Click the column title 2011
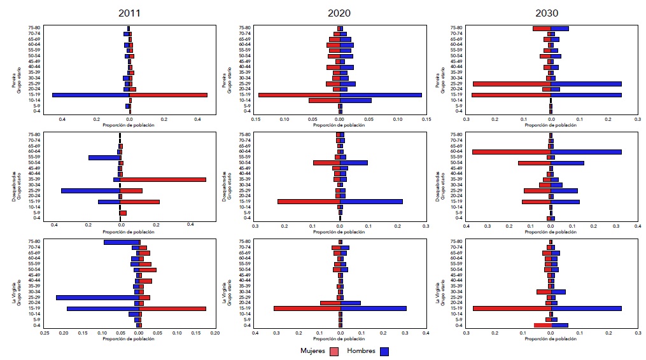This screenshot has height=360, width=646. [x=130, y=12]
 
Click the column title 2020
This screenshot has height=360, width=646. [x=341, y=12]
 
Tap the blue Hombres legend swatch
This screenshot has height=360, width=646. [x=384, y=351]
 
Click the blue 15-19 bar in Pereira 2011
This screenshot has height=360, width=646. [x=90, y=95]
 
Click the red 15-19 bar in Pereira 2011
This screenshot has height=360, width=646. [x=169, y=95]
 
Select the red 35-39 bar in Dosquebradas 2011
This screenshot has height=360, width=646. [x=163, y=179]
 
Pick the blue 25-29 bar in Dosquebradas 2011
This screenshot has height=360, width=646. [x=90, y=191]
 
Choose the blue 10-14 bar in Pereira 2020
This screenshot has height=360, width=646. [x=356, y=100]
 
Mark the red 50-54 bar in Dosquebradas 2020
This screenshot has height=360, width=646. [x=327, y=163]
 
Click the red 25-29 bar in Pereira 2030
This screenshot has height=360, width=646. [x=512, y=84]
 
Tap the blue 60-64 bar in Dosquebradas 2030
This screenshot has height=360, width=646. [x=586, y=151]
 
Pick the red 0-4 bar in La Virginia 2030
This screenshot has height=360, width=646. [x=542, y=325]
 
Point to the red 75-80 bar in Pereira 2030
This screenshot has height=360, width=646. [x=542, y=29]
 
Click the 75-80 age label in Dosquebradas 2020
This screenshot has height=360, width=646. [x=244, y=135]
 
